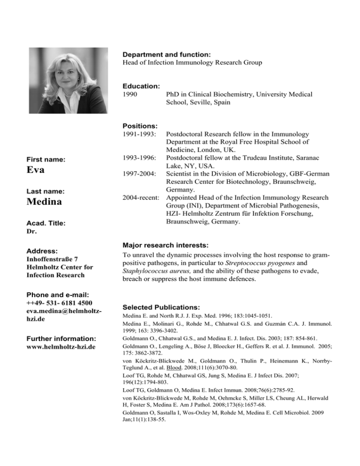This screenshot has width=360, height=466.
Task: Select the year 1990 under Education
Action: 130,94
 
